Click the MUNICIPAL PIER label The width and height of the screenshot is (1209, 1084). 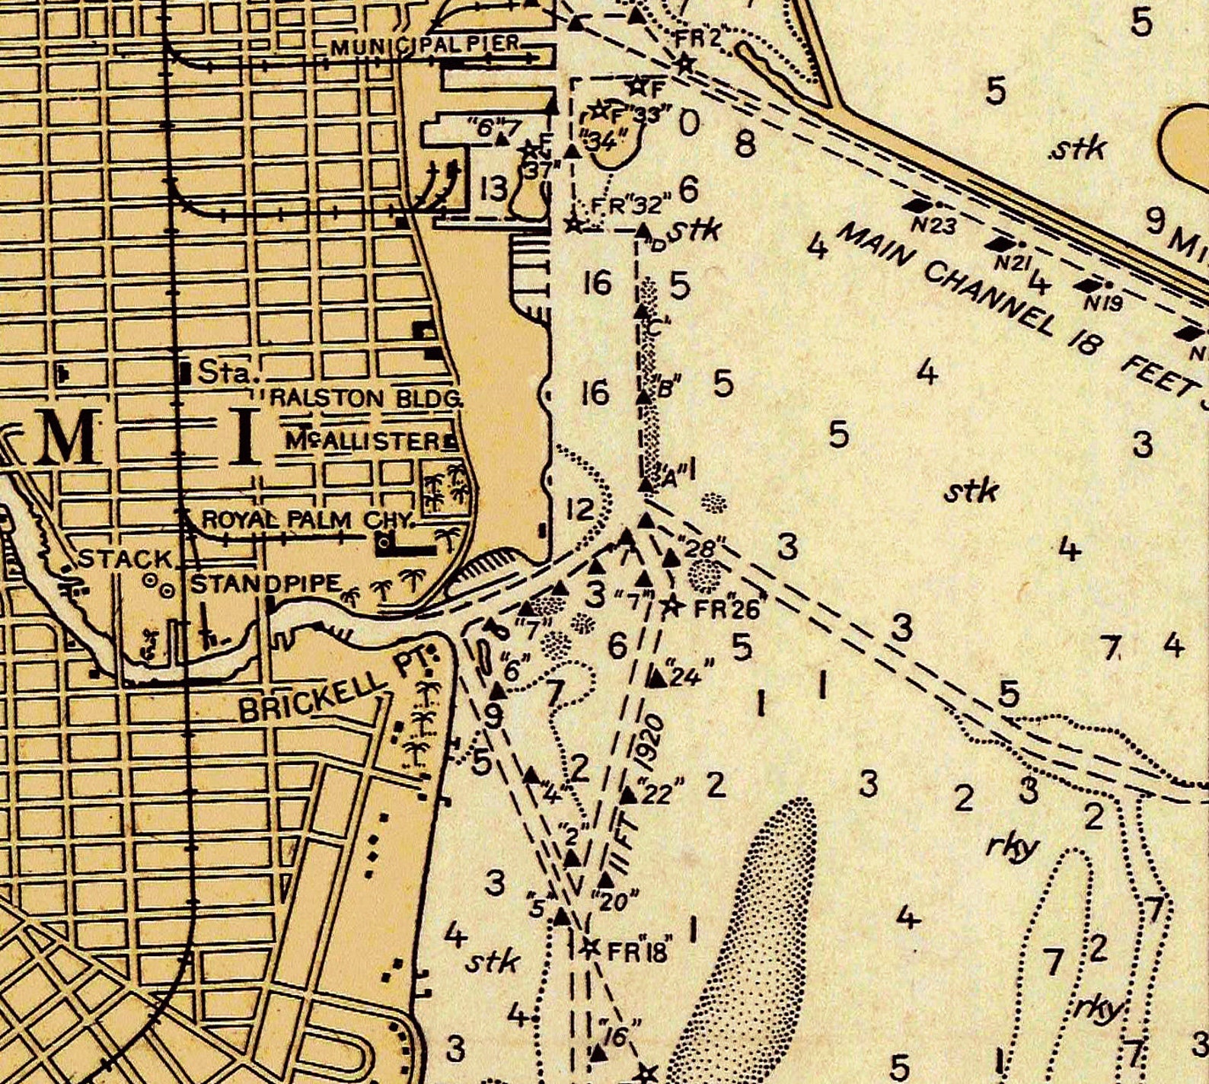point(426,45)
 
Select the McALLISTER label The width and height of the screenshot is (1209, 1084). point(364,441)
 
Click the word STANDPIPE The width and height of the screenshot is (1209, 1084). point(265,584)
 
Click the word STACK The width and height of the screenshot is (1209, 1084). point(126,560)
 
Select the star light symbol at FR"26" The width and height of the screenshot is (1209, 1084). point(671,606)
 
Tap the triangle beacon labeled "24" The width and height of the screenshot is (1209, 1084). point(656,677)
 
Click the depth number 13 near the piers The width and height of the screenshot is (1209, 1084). point(493,187)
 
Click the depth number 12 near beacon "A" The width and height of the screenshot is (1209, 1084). point(579,509)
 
